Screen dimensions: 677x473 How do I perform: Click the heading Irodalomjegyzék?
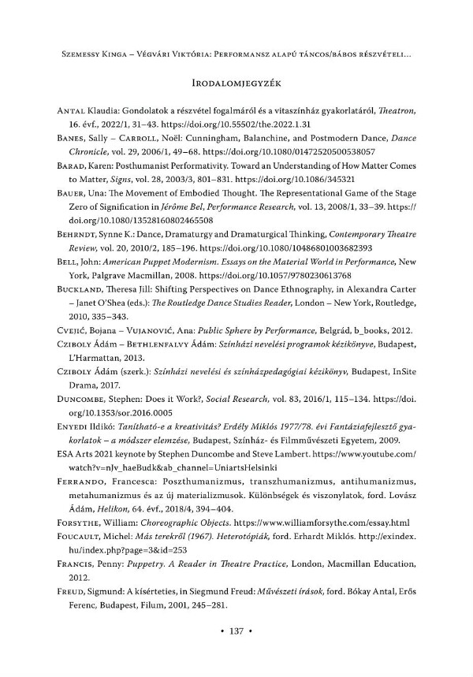236,82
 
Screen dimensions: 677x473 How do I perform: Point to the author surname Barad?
77,178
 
